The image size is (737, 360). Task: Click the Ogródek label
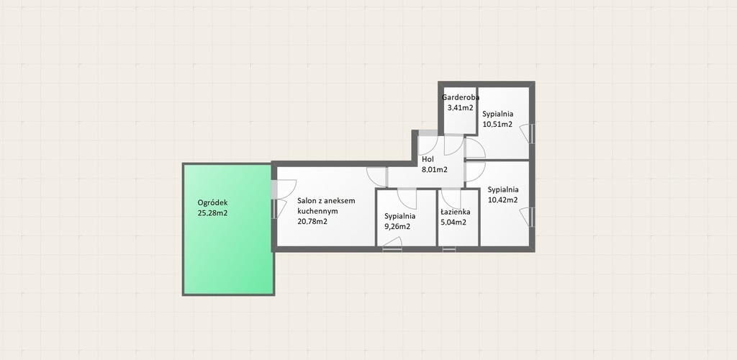[x=212, y=203]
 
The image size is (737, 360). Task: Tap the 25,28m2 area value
[x=212, y=213]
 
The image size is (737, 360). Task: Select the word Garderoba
[x=461, y=98]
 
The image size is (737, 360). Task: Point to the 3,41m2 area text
[x=460, y=107]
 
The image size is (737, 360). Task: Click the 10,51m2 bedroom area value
[x=497, y=125]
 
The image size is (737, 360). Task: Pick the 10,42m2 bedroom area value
[x=503, y=199]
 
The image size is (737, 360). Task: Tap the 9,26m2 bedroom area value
[x=397, y=227]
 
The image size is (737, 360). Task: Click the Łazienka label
[x=455, y=212]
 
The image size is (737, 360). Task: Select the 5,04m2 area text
[x=453, y=222]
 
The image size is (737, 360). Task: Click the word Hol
[x=428, y=159]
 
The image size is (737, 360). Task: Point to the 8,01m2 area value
[x=434, y=170]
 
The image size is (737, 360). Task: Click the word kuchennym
[x=317, y=212]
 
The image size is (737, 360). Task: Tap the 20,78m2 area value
[x=312, y=221]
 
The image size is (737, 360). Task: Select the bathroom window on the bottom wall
[x=449, y=249]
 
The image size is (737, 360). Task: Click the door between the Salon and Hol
[x=377, y=176]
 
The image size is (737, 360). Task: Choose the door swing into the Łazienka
[x=451, y=197]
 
